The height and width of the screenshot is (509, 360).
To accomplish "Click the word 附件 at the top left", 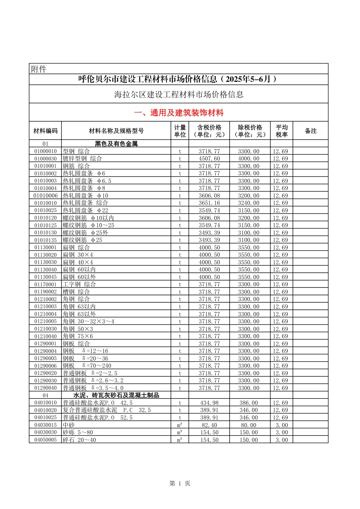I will [x=39, y=69].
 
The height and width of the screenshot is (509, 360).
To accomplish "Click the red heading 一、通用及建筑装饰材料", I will [x=179, y=113].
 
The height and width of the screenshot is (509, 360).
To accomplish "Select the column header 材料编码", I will [x=45, y=131].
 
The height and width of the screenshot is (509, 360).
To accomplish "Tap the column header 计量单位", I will [x=180, y=131].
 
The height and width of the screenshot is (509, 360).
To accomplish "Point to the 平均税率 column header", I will [x=282, y=131].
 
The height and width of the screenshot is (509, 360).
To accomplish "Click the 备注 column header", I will [x=311, y=131].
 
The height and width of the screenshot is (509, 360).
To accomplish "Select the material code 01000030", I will [x=45, y=159].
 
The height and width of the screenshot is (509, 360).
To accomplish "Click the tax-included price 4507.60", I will [x=209, y=159].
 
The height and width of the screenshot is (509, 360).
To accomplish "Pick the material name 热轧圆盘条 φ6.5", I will [x=87, y=181].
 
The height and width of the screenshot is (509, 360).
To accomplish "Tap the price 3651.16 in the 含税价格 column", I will [x=209, y=203].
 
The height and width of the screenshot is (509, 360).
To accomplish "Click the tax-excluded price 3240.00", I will [x=249, y=203].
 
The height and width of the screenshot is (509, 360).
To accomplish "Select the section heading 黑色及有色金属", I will [x=116, y=144].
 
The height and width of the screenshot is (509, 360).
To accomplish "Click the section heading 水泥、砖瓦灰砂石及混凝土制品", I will [x=116, y=395].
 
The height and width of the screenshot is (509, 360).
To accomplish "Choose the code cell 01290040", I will [x=45, y=388].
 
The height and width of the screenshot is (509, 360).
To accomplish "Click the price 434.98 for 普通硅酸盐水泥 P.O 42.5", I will [x=209, y=403].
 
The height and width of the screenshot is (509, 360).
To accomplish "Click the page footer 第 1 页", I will [x=180, y=483].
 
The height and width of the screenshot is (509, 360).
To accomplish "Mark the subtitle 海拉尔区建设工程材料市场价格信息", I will [x=179, y=94].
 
